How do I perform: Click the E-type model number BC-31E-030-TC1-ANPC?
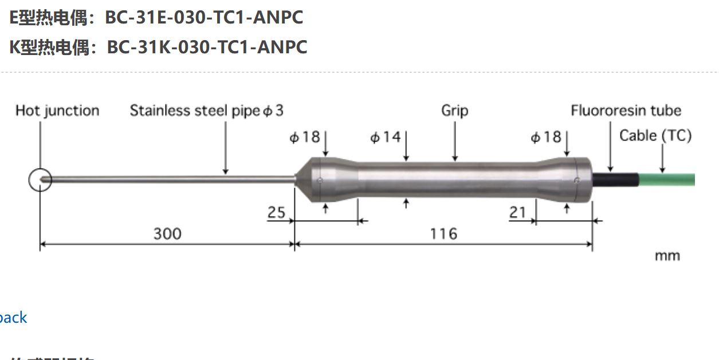click(203, 17)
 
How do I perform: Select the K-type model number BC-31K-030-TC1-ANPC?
click(207, 46)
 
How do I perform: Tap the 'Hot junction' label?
click(57, 111)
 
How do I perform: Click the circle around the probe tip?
click(40, 180)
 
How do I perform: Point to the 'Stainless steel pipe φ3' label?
click(206, 111)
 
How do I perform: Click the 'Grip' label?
click(454, 111)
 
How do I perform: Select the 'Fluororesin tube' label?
click(626, 111)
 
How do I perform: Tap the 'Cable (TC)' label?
click(655, 136)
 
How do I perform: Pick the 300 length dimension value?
click(167, 234)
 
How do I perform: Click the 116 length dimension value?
click(443, 234)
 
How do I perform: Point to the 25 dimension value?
click(276, 213)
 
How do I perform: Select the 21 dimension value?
click(517, 213)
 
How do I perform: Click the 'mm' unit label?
click(667, 256)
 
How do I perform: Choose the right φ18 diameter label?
click(545, 138)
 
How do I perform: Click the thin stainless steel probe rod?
click(172, 180)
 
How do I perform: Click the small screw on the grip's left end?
click(320, 180)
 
